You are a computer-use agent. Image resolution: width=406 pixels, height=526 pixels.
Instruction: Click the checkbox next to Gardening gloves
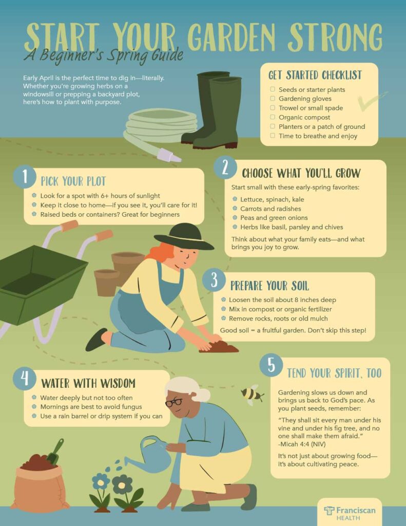273,98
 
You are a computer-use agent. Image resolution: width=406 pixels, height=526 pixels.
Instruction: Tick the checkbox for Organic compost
273,117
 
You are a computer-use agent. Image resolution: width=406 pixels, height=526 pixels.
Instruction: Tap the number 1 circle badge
25,177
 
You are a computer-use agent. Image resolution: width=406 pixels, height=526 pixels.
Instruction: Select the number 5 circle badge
271,365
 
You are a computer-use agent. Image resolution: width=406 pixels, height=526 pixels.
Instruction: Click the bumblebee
252,394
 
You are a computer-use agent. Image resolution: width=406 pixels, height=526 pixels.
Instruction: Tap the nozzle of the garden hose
169,155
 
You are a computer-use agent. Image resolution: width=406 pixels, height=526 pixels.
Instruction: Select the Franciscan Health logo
350,513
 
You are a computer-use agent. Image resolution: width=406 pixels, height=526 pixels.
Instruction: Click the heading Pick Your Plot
73,181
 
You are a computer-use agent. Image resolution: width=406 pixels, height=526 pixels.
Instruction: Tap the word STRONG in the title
335,37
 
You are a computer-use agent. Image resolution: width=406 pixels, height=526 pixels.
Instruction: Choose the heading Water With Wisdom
88,383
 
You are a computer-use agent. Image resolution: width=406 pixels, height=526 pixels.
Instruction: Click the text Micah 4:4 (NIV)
302,444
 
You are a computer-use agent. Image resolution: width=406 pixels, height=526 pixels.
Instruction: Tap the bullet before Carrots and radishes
235,209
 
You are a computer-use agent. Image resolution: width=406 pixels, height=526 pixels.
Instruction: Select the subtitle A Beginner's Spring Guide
104,55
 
